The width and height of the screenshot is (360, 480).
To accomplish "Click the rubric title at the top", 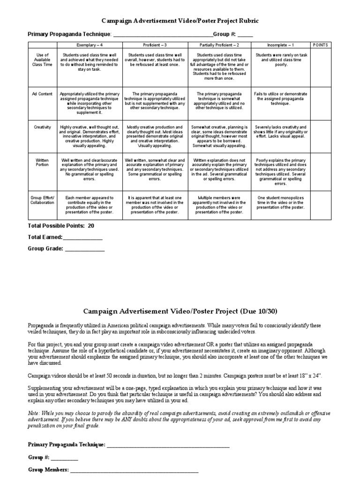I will (180, 21).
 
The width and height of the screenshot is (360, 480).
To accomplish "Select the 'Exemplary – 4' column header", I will (90, 45).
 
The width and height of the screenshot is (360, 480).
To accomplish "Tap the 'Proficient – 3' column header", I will (154, 45).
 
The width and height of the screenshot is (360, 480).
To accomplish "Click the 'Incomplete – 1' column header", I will (280, 45).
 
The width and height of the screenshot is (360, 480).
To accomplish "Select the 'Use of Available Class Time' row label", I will (43, 60).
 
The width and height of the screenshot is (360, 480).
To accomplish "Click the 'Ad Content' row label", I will (43, 94).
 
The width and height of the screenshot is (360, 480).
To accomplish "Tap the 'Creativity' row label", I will (43, 127).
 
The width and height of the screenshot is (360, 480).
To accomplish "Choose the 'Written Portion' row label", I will (43, 162).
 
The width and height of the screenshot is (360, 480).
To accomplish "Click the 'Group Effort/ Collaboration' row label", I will (43, 200).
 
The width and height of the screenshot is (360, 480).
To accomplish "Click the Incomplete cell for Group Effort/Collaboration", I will (280, 202).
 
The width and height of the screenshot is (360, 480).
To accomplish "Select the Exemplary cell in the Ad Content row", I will (90, 103).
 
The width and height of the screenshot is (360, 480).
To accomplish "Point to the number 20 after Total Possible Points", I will (91, 225).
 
